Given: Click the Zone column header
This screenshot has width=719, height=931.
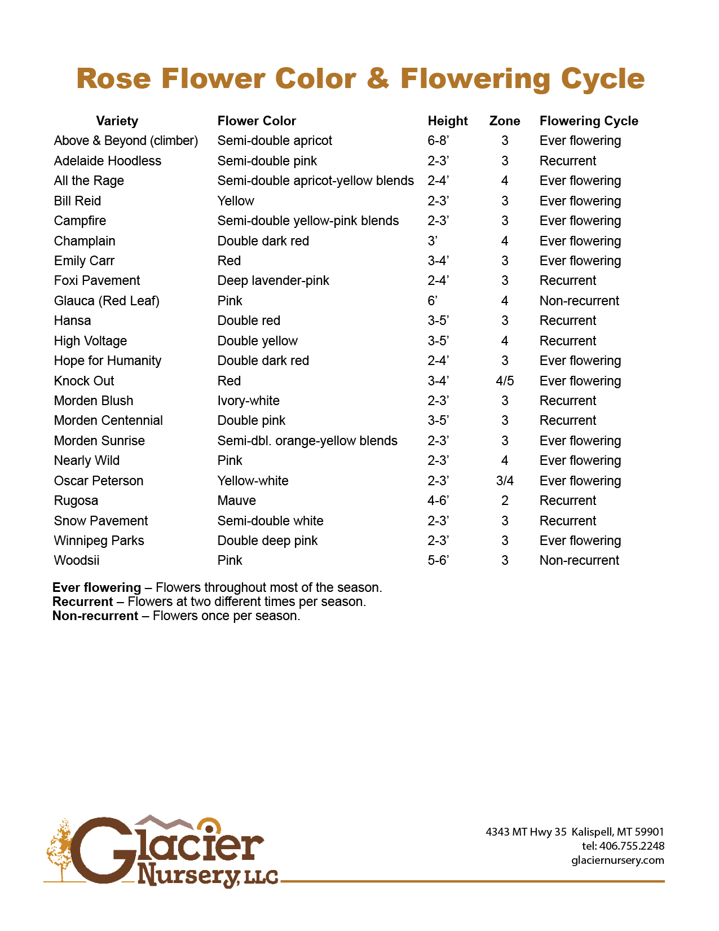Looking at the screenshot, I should (x=504, y=121).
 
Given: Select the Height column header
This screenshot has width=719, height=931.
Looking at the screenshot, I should (x=447, y=121).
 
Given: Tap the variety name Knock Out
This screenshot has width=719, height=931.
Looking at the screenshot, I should (x=84, y=381).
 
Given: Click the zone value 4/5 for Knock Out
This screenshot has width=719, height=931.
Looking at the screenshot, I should (x=505, y=381).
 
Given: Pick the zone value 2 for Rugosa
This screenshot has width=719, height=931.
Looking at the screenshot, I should (x=505, y=500).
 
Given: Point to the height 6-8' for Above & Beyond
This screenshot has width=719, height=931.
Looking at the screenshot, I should (x=438, y=140).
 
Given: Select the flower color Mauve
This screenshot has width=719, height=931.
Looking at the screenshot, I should (x=237, y=500).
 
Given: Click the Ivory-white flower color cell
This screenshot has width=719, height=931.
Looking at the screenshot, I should (x=248, y=401).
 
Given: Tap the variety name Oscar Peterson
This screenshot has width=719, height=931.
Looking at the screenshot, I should (x=99, y=481).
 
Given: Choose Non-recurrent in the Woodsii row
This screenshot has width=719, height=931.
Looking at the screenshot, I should (x=579, y=560).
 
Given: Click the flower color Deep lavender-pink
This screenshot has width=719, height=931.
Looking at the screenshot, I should (x=273, y=280).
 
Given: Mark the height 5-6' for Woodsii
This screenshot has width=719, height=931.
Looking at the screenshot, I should (x=438, y=560).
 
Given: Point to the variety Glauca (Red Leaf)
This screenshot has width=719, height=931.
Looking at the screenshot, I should (x=107, y=301).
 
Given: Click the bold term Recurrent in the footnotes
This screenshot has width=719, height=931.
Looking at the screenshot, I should (x=83, y=601).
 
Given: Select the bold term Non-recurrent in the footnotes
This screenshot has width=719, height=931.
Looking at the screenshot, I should (x=95, y=616).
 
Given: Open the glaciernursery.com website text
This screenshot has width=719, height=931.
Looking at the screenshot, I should (x=617, y=860).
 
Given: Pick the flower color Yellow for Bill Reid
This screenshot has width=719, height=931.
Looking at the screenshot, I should (x=236, y=201).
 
